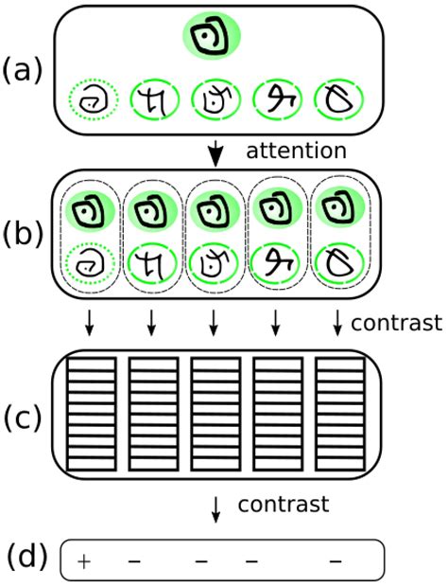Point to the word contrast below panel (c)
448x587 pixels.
pyautogui.click(x=284, y=505)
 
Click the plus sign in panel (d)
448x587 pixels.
pyautogui.click(x=83, y=561)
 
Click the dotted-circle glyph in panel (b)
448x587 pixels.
pyautogui.click(x=90, y=261)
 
